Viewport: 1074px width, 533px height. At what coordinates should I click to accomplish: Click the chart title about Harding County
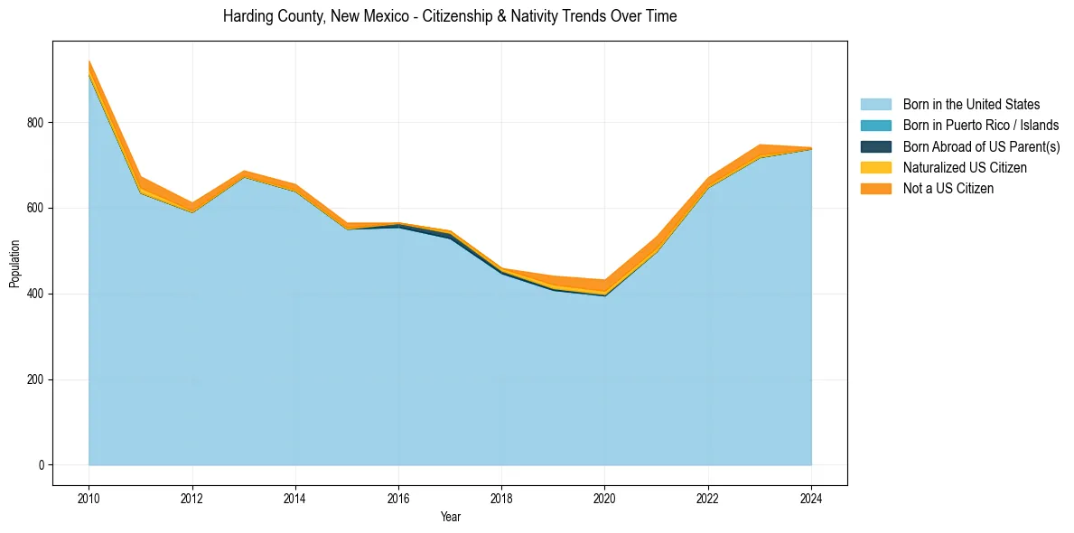[449, 16]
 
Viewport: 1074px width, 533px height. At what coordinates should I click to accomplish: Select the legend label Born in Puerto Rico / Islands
[980, 126]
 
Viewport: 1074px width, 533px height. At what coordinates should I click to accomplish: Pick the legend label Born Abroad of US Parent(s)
[981, 146]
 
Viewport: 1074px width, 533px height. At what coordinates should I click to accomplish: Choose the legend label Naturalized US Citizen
[965, 168]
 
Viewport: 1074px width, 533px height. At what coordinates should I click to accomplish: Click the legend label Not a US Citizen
[948, 189]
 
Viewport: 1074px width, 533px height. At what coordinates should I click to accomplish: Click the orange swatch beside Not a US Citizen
[875, 189]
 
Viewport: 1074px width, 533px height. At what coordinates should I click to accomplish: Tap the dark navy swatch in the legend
[875, 146]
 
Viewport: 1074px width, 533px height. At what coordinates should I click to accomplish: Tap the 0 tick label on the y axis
[42, 465]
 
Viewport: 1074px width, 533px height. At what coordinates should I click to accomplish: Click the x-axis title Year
[450, 517]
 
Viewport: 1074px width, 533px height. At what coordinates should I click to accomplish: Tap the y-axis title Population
[14, 264]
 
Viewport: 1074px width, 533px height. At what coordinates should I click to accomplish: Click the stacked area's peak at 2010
[89, 61]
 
